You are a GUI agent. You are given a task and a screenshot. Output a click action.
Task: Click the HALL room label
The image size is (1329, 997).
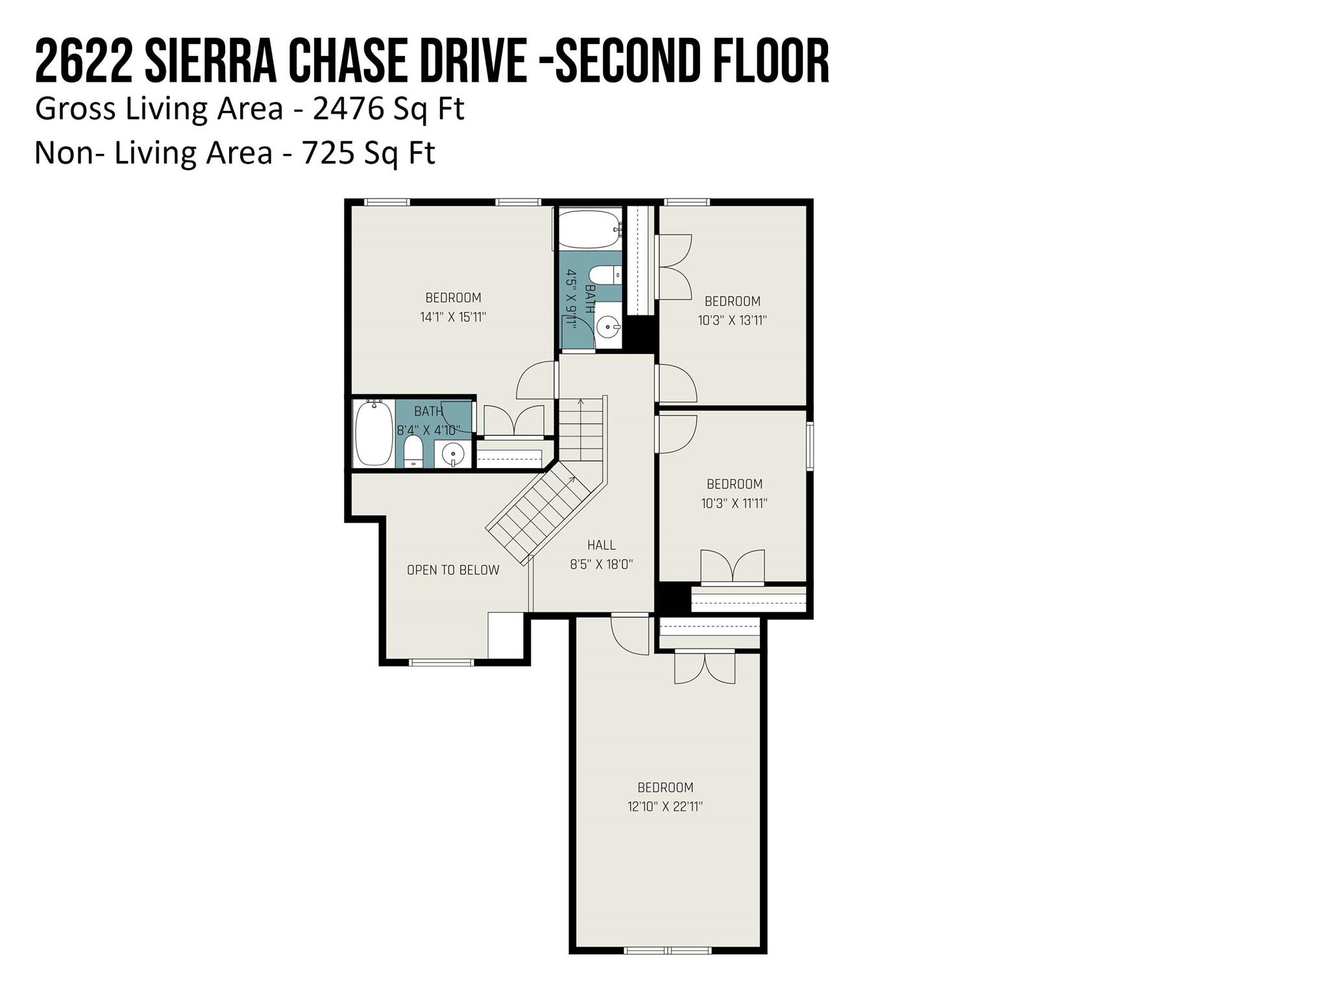[602, 545]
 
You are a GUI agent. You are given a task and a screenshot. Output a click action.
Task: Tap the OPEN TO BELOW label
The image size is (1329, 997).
[453, 570]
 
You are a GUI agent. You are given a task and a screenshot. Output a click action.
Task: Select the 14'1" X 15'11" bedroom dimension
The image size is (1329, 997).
[453, 317]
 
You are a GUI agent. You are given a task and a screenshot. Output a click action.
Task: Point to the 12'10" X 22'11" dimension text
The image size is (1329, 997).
[665, 807]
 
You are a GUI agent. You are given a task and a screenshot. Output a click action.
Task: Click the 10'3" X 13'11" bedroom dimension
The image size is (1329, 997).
[733, 321]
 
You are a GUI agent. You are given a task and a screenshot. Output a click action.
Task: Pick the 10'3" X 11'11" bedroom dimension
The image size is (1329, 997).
[734, 503]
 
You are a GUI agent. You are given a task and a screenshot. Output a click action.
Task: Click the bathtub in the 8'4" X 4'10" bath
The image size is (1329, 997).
[374, 433]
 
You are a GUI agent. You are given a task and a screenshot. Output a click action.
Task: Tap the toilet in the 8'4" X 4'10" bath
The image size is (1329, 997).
[413, 452]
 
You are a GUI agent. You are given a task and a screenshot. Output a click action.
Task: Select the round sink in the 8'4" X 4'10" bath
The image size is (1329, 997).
[453, 453]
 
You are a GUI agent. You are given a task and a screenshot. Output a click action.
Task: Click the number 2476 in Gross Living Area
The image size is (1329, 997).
[348, 108]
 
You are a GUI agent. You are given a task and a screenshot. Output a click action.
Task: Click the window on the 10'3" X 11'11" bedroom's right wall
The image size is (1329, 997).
[809, 445]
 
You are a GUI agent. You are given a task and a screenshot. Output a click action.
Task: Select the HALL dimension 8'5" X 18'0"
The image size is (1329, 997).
[602, 565]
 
